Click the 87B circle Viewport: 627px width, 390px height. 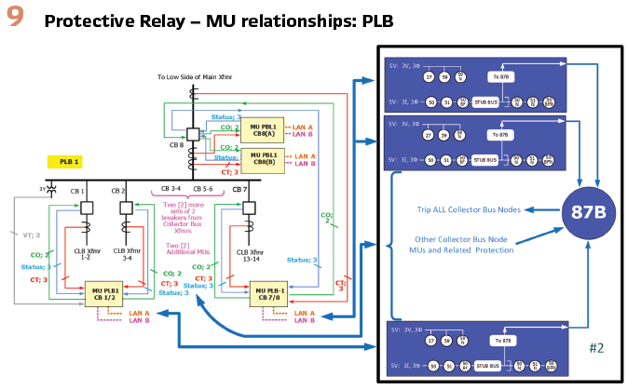(x=584, y=211)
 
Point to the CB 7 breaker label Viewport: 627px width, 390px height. (x=239, y=189)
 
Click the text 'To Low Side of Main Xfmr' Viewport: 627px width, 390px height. (x=193, y=76)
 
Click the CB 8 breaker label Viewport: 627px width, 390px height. (x=176, y=144)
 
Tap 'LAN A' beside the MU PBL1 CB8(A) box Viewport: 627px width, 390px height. (x=304, y=126)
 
